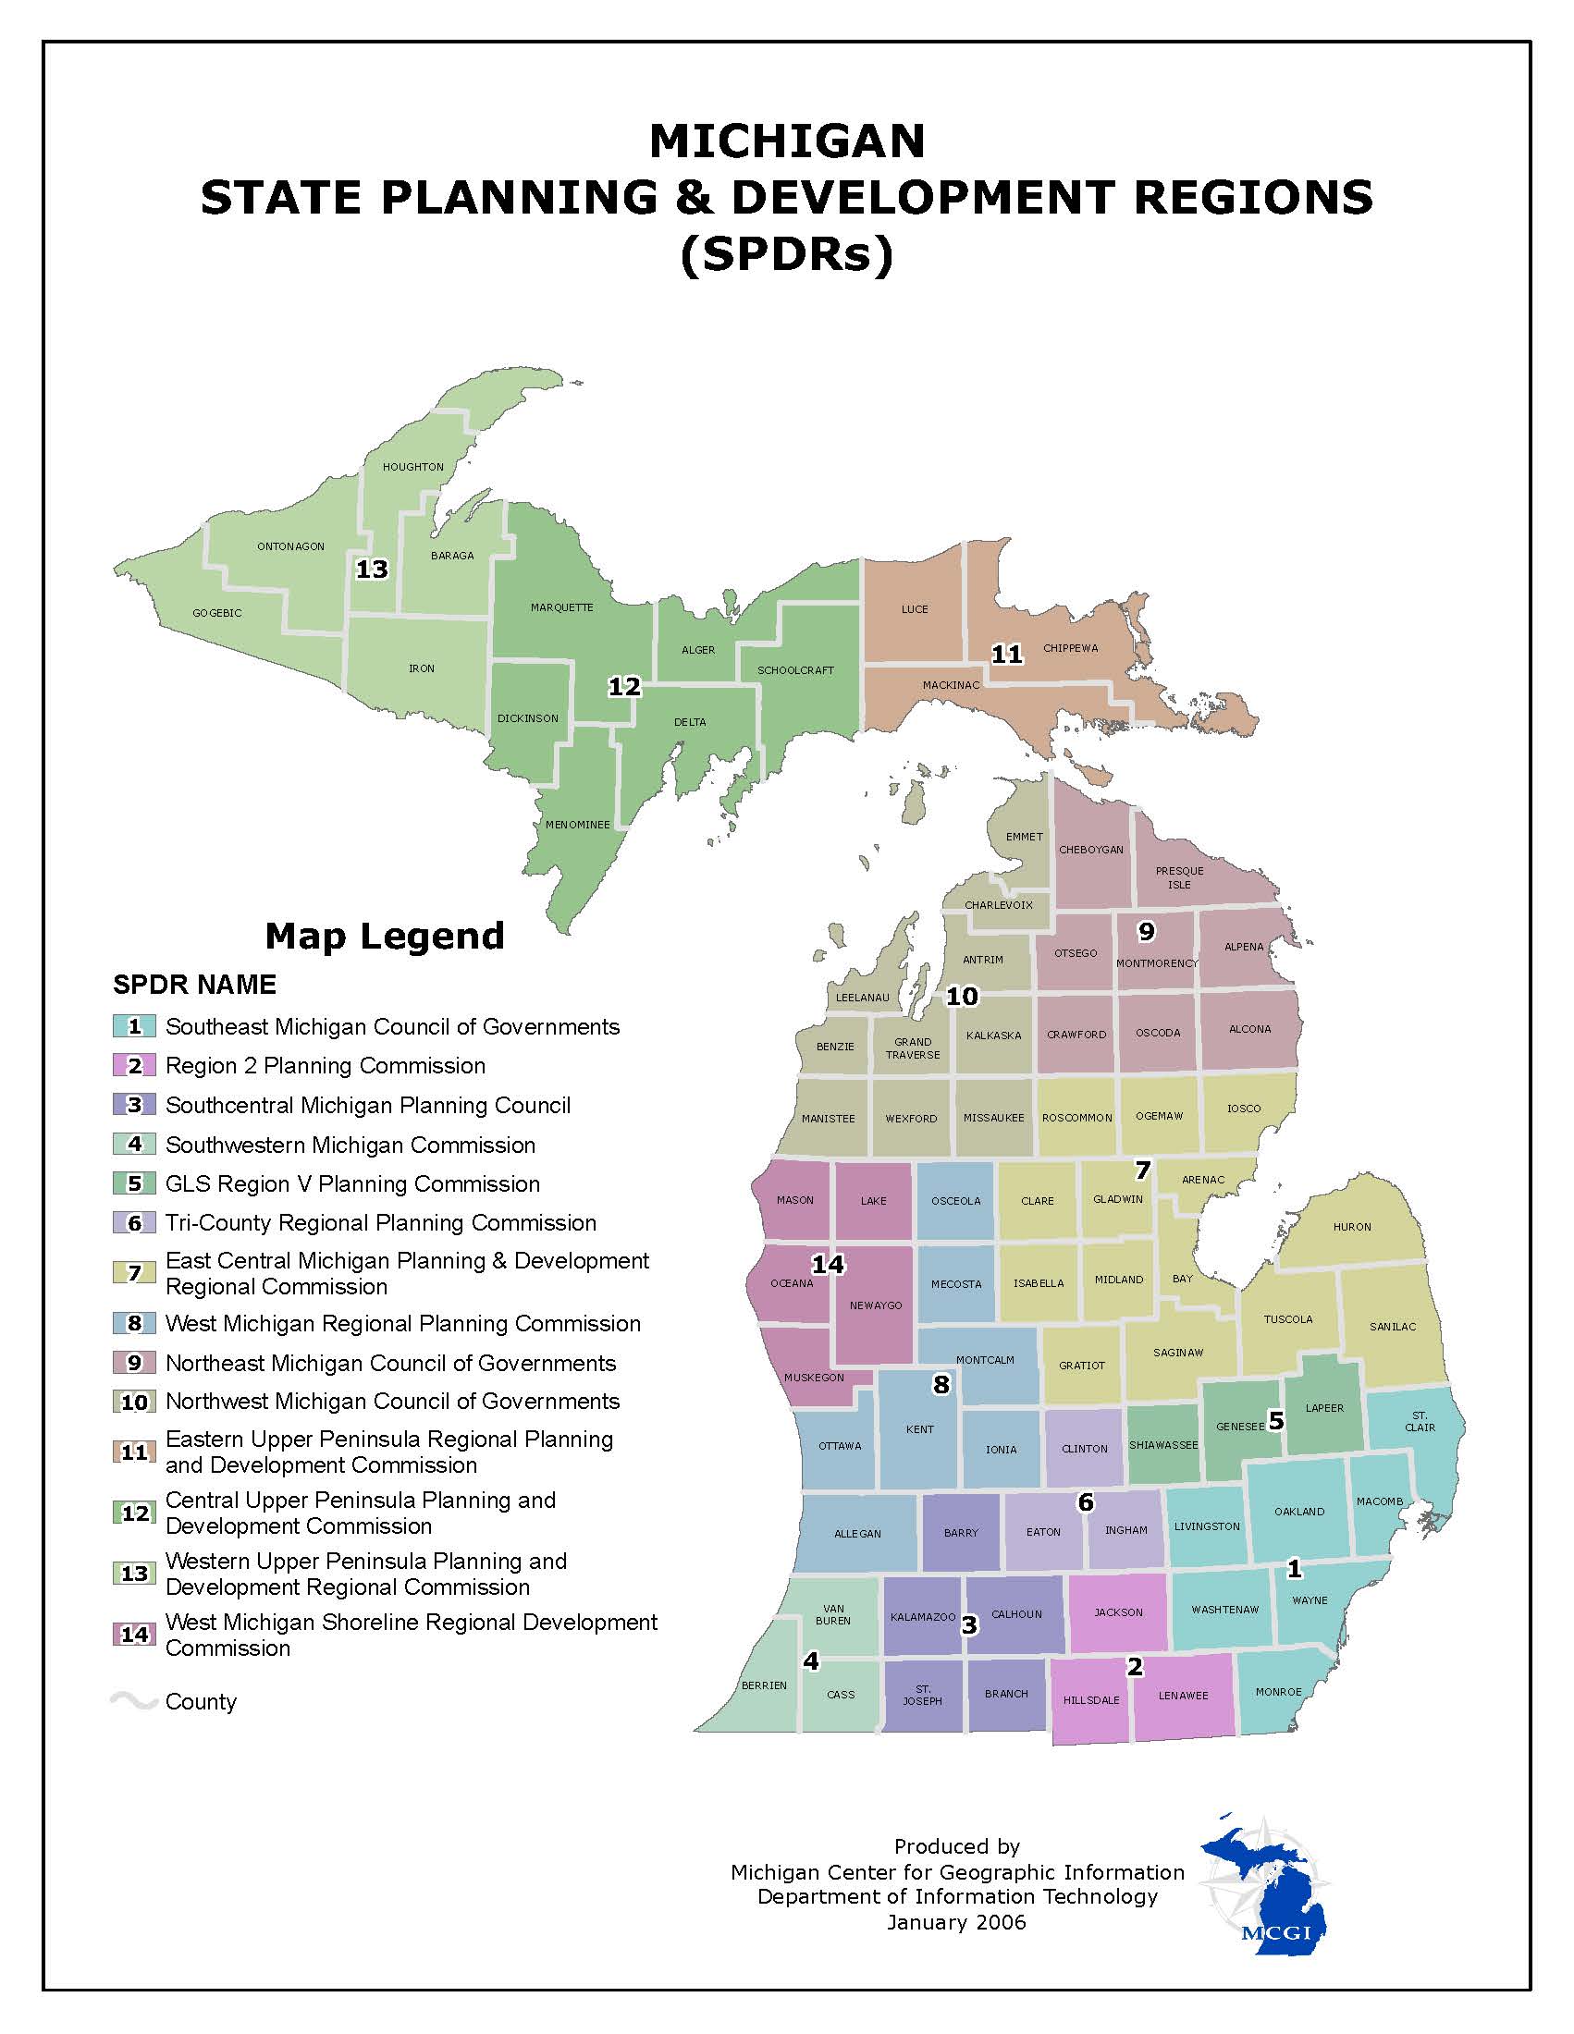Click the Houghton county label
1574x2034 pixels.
pyautogui.click(x=412, y=467)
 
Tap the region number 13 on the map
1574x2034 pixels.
pyautogui.click(x=372, y=569)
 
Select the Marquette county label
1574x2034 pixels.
pyautogui.click(x=561, y=607)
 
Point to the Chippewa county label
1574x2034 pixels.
pyautogui.click(x=1070, y=648)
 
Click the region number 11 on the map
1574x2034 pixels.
pyautogui.click(x=1006, y=655)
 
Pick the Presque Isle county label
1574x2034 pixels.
pyautogui.click(x=1179, y=877)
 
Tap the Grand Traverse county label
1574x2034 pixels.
pyautogui.click(x=913, y=1048)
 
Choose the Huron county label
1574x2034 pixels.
pyautogui.click(x=1351, y=1227)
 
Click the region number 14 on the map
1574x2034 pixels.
pyautogui.click(x=827, y=1264)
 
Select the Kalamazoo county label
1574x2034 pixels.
pyautogui.click(x=922, y=1617)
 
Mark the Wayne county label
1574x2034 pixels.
pyautogui.click(x=1310, y=1600)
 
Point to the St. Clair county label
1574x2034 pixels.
pyautogui.click(x=1420, y=1421)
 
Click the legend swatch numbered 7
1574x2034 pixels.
pyautogui.click(x=134, y=1272)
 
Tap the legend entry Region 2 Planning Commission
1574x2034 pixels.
pyautogui.click(x=325, y=1065)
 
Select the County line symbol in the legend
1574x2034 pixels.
pyautogui.click(x=133, y=1701)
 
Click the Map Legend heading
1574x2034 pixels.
pyautogui.click(x=385, y=936)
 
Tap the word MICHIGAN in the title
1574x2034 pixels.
pyautogui.click(x=787, y=141)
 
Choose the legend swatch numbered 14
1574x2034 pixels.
pyautogui.click(x=134, y=1634)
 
